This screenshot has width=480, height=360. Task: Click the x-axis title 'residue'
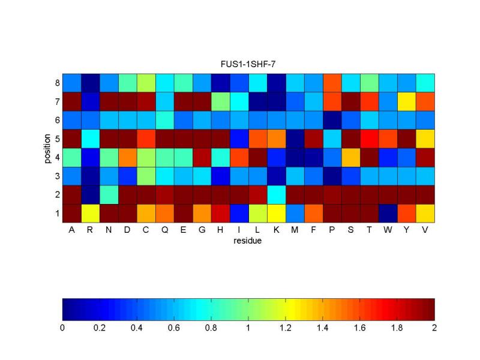pos(248,242)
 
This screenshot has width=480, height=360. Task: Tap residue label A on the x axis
pos(72,231)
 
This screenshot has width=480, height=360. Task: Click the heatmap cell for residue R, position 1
pos(90,213)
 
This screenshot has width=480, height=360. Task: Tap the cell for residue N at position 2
pos(109,194)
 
